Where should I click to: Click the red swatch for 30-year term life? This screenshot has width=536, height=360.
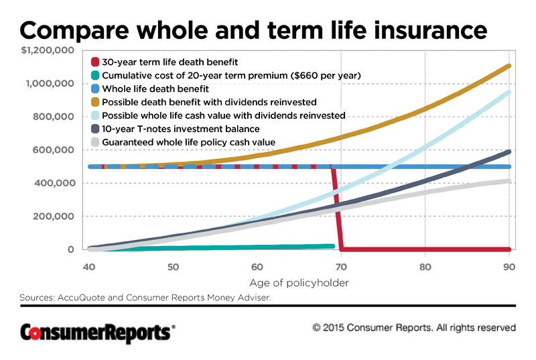95,62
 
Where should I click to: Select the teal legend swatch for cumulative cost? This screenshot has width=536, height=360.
95,76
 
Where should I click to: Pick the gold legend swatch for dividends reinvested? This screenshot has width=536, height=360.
95,102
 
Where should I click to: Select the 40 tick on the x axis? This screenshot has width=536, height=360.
88,266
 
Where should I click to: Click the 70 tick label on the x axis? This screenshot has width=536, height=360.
341,266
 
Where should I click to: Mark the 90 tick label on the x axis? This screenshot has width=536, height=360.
509,266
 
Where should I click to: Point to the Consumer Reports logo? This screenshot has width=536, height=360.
98,331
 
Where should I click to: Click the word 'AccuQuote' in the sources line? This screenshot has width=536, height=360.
80,297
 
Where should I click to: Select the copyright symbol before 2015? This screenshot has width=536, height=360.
317,328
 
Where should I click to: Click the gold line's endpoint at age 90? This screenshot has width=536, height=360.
509,66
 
